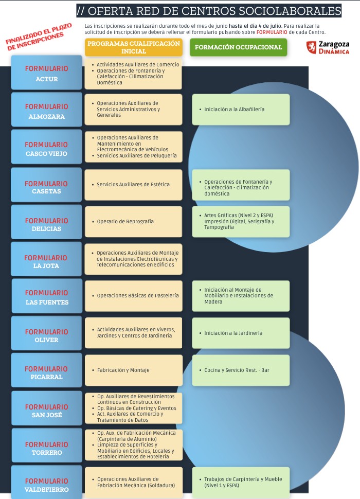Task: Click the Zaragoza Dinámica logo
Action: (328, 47)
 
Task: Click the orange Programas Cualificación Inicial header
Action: (134, 47)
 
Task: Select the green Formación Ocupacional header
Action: (239, 47)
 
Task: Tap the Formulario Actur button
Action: (46, 73)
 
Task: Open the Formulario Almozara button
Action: (46, 110)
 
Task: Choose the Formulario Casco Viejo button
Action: (46, 147)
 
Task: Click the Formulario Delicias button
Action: (46, 222)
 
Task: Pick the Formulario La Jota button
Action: (46, 259)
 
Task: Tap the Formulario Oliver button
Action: (46, 333)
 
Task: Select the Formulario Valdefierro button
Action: (46, 482)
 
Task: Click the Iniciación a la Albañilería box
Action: (241, 110)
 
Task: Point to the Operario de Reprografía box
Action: (134, 222)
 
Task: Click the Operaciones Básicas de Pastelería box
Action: (134, 296)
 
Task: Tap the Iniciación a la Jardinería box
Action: (241, 333)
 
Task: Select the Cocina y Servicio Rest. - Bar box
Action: (241, 370)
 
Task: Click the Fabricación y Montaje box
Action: (134, 370)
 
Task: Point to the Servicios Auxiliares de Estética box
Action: (134, 185)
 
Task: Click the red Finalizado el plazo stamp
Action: (39, 37)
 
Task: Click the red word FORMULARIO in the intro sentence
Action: (272, 32)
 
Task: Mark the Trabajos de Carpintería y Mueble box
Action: (241, 483)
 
